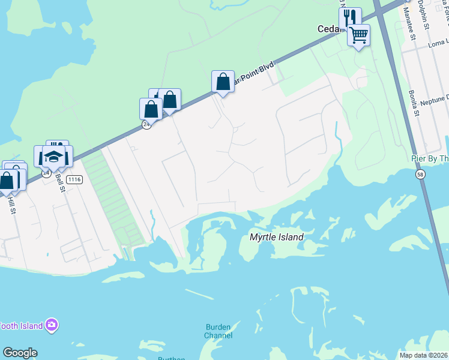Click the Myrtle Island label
[276, 238]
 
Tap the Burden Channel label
[218, 331]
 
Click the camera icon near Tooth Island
[52, 325]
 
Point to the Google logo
[20, 353]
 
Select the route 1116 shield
[74, 179]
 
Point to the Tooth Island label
[21, 326]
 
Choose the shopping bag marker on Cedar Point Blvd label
[223, 82]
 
